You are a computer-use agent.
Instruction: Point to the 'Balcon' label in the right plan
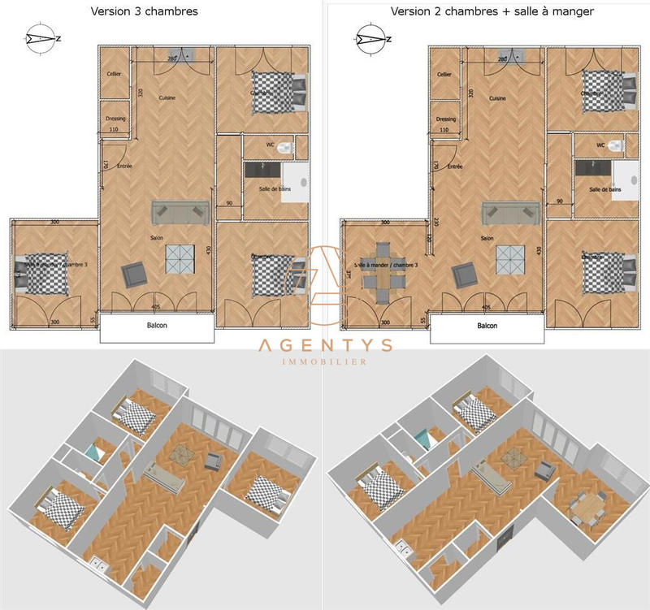487,326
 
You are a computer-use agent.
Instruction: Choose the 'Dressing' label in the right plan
446,119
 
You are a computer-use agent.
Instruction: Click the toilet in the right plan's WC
616,147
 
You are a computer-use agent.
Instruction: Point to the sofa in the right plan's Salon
511,213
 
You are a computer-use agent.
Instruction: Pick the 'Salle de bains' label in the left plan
275,189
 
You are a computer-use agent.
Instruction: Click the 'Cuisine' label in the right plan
497,98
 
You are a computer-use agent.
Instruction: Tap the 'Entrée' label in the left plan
124,167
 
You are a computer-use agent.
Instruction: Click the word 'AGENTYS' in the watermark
325,344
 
